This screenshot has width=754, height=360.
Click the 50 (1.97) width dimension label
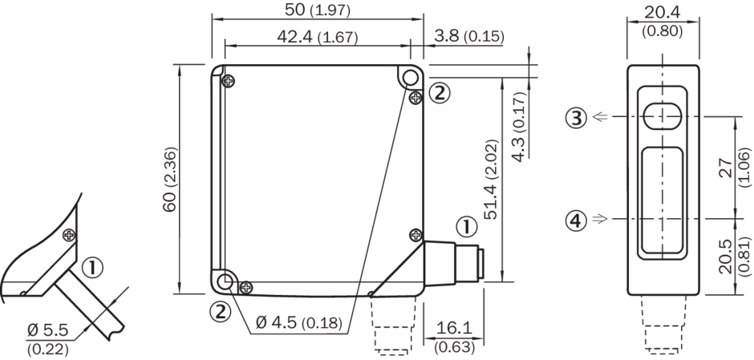[318, 10]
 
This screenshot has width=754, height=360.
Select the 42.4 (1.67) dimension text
[318, 37]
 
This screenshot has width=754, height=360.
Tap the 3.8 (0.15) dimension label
[469, 36]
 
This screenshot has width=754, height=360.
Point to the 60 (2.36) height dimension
[170, 180]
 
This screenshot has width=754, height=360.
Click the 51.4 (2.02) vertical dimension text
[491, 180]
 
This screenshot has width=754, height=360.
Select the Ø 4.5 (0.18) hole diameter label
[299, 323]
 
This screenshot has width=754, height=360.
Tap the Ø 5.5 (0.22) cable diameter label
[47, 338]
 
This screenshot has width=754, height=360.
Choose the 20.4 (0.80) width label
[662, 21]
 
